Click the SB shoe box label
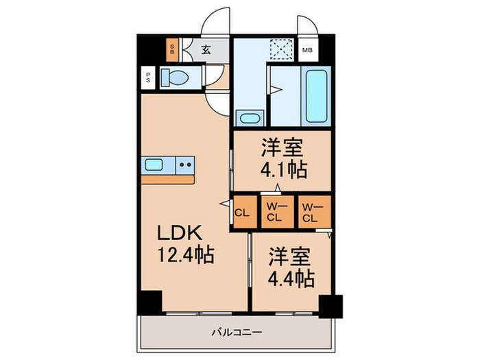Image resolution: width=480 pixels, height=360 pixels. click(x=173, y=49)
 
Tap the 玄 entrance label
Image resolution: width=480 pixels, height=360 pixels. click(x=205, y=49)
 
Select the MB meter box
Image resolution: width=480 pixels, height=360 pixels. click(x=308, y=49)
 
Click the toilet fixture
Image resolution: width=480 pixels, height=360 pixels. click(x=174, y=79)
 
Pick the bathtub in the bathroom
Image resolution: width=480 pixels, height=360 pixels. click(x=317, y=95)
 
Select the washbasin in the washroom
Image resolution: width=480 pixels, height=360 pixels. click(x=250, y=117)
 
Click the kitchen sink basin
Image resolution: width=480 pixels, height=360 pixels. click(x=155, y=165)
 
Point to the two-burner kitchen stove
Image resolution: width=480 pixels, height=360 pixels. click(x=184, y=165)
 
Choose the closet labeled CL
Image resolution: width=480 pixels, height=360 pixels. click(x=241, y=212)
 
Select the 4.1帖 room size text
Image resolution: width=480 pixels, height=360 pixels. click(x=283, y=169)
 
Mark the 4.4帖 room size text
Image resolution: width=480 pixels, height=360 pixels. click(x=291, y=278)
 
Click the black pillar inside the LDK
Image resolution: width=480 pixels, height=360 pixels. click(x=149, y=302)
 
